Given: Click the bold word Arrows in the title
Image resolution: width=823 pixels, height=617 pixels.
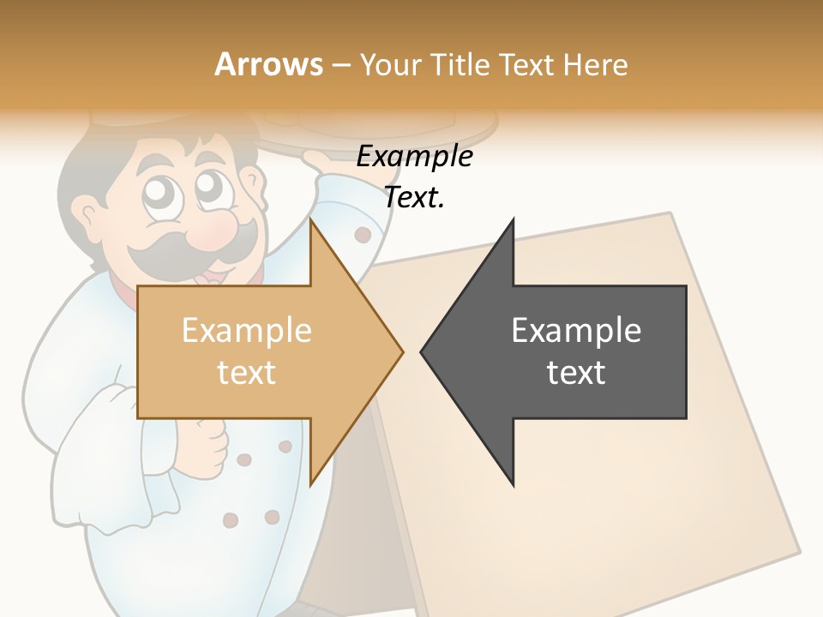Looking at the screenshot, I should pyautogui.click(x=268, y=64).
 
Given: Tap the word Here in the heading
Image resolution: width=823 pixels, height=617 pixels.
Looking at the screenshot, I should pyautogui.click(x=595, y=64).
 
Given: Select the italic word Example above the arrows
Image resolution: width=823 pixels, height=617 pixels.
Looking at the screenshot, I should pyautogui.click(x=414, y=157).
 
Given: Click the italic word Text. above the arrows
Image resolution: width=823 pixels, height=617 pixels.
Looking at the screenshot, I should pyautogui.click(x=414, y=198).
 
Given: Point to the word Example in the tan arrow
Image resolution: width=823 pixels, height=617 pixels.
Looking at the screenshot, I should pyautogui.click(x=246, y=330).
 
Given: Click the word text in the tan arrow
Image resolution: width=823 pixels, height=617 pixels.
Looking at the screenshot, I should pyautogui.click(x=246, y=373).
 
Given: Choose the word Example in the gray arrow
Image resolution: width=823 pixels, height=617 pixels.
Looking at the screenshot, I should pyautogui.click(x=576, y=330).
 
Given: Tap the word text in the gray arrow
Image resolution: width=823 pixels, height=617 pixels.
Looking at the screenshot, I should pyautogui.click(x=576, y=373).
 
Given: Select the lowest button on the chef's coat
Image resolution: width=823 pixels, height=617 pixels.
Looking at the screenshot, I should pyautogui.click(x=230, y=520).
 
